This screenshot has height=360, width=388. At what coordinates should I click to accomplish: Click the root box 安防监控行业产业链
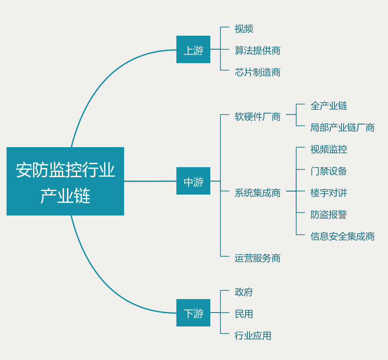(x=65, y=181)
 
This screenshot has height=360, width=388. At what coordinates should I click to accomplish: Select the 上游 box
(x=193, y=50)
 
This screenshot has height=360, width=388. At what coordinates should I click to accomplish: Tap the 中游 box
(x=193, y=181)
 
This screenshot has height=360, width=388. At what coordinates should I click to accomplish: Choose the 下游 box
(x=193, y=313)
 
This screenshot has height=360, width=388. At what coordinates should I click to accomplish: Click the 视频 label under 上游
(x=243, y=29)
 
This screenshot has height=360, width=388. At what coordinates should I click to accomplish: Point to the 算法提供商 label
(x=257, y=50)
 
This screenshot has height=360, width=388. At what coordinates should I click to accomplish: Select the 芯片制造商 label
(x=257, y=72)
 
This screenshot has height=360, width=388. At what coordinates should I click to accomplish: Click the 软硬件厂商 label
(x=257, y=117)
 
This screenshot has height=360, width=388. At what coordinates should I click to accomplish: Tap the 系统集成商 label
(x=257, y=193)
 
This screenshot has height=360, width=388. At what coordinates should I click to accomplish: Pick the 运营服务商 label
(x=257, y=258)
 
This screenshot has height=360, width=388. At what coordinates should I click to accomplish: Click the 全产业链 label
(x=328, y=106)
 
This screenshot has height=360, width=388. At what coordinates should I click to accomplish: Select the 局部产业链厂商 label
(x=342, y=128)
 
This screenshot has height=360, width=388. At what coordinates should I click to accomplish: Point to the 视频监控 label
(x=328, y=149)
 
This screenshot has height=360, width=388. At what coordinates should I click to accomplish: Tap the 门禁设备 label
(x=328, y=171)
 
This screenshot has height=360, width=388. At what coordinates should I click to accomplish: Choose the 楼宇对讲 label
(x=328, y=193)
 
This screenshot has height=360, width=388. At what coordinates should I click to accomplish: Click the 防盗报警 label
(x=328, y=215)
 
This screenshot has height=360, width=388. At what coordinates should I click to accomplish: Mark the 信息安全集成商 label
(x=342, y=236)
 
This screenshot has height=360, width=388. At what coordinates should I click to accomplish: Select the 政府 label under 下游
(x=243, y=292)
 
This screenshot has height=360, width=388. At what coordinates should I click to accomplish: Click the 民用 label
(x=243, y=314)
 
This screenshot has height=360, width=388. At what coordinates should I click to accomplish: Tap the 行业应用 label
(x=253, y=336)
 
